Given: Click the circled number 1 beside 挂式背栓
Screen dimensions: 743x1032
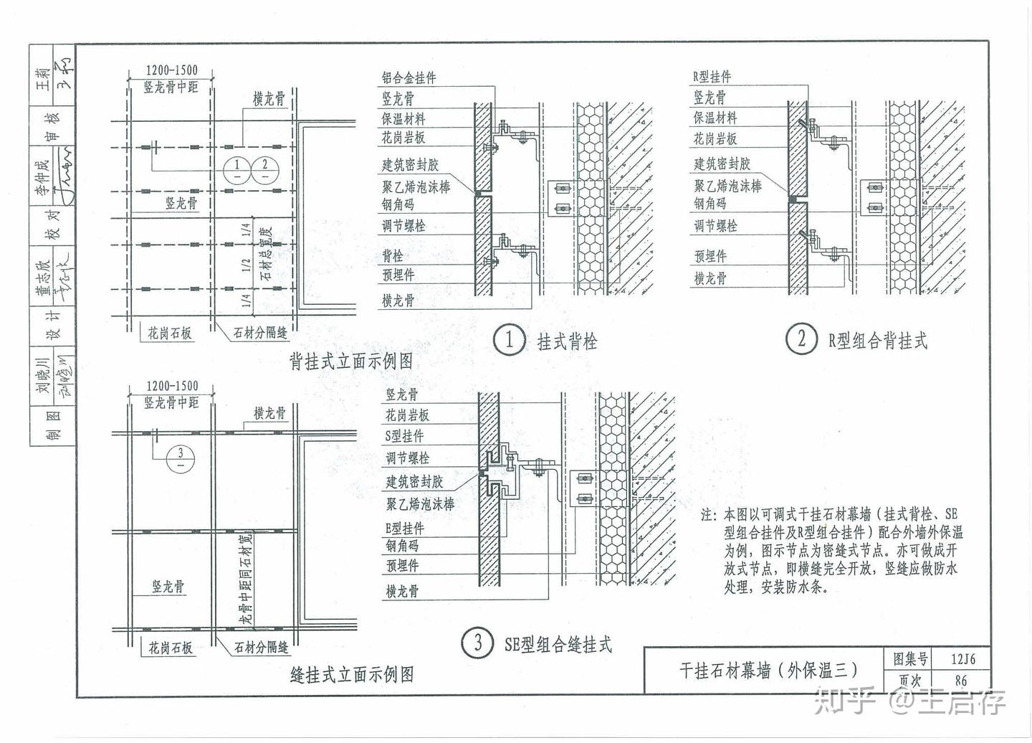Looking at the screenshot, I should tap(509, 339).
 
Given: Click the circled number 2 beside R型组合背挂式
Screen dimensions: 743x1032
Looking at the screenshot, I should tap(801, 339).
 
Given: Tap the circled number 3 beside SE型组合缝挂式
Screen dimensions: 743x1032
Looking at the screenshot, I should tap(478, 642).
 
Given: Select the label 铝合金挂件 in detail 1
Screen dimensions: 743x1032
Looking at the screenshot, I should tap(408, 78).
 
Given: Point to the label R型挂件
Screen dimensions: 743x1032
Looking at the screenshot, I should tap(712, 77).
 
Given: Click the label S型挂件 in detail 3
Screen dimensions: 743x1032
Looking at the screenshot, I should tap(405, 436).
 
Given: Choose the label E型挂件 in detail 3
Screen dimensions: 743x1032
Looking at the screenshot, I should tap(405, 529).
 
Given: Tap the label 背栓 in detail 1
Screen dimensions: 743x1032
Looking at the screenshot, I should tap(393, 256).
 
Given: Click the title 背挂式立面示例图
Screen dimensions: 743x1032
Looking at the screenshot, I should tap(351, 361).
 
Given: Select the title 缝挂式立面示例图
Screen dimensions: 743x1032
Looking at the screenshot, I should tap(351, 674).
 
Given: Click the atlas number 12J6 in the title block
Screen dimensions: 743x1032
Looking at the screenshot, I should tap(960, 658).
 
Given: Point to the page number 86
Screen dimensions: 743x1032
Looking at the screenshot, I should tap(960, 681).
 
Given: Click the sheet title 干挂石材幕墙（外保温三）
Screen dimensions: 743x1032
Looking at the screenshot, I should tap(768, 670).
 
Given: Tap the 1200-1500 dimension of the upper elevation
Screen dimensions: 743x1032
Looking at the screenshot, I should tap(171, 70).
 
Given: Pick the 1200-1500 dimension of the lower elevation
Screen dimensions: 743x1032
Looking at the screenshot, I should tap(171, 386).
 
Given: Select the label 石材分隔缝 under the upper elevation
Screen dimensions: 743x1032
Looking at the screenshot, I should tap(261, 333).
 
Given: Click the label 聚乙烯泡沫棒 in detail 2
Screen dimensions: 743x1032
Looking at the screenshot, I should tap(727, 186).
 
